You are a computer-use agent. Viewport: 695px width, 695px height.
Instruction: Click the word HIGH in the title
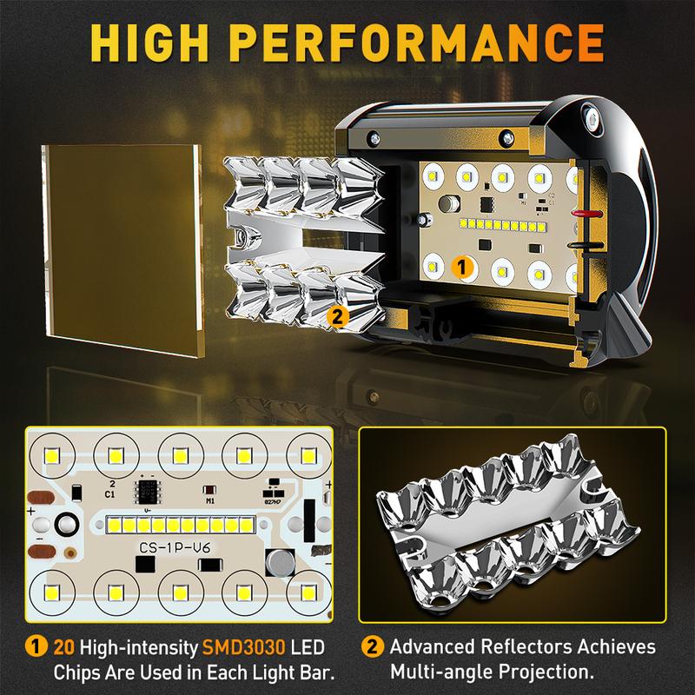coord(149,43)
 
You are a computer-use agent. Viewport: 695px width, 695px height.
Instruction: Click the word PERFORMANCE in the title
coord(417,43)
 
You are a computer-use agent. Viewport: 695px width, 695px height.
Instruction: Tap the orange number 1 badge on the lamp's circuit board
coord(461,268)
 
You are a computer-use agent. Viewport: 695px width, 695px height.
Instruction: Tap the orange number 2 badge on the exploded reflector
coord(337,316)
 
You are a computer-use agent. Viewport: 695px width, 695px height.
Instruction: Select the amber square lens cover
coord(122,250)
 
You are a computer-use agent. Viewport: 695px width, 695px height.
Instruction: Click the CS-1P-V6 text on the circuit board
coord(175,548)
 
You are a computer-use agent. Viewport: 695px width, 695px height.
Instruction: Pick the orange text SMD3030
coord(243,647)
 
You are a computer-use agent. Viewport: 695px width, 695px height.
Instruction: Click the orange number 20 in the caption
coord(63,647)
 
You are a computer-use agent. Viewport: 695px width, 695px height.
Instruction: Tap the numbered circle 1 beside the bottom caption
coord(36,646)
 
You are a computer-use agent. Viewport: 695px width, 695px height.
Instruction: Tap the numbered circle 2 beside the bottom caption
coord(373,646)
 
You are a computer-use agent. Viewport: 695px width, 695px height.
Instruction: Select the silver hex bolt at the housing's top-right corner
coord(591,118)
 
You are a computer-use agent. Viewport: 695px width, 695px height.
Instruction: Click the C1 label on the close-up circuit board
coord(110,494)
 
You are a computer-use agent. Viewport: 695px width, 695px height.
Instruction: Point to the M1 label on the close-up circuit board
coord(210,501)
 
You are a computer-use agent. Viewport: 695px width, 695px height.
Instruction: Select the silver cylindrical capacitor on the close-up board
coord(280,563)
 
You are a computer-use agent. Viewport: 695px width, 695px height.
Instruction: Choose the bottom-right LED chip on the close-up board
coord(308,592)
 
